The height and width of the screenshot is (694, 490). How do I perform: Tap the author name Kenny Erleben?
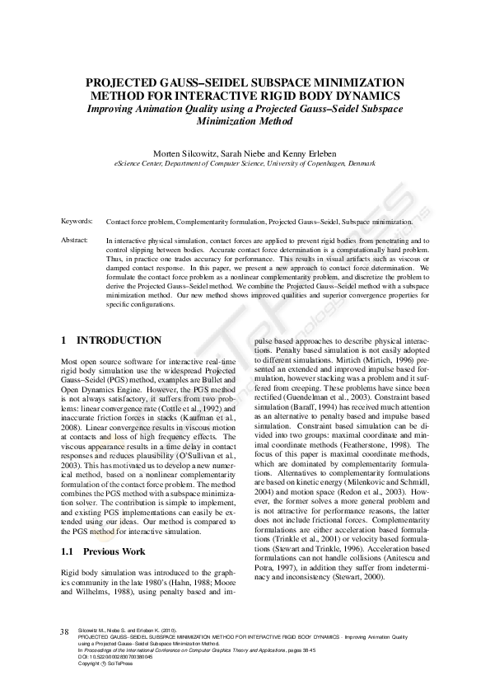point(312,154)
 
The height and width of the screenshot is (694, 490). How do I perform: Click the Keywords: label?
point(77,222)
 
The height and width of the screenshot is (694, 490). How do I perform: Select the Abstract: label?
point(76,240)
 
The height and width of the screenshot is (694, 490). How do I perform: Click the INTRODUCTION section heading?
point(119,340)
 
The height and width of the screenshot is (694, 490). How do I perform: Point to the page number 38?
point(64,632)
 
